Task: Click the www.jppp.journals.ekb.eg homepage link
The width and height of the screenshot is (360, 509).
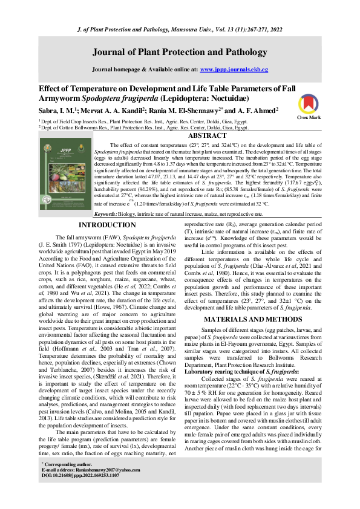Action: (x=234, y=70)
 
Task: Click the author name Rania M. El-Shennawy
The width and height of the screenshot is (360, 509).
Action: (x=188, y=111)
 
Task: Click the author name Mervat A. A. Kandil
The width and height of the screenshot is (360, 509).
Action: (x=115, y=111)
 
